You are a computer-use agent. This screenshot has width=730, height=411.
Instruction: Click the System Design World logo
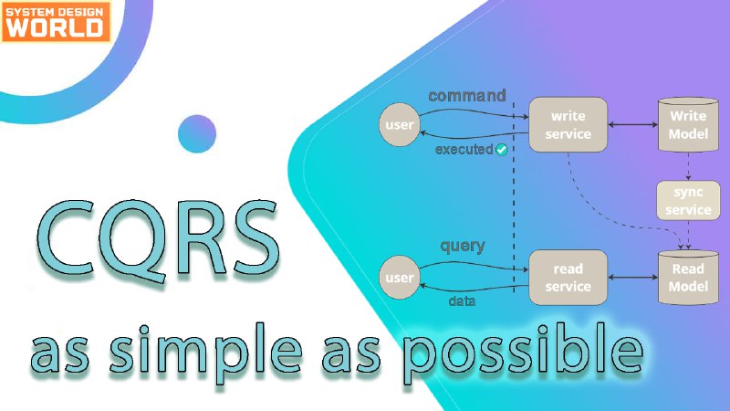pyautogui.click(x=56, y=21)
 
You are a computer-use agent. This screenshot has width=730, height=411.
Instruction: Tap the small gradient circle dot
pyautogui.click(x=197, y=133)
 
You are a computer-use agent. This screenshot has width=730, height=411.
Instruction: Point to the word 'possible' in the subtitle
pyautogui.click(x=524, y=352)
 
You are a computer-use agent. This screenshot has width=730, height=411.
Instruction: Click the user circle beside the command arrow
pyautogui.click(x=400, y=124)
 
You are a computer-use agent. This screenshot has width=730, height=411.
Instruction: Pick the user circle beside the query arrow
pyautogui.click(x=400, y=278)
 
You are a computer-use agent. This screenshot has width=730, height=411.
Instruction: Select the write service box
pyautogui.click(x=568, y=124)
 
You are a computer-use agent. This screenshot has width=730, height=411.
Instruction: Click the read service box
pyautogui.click(x=568, y=278)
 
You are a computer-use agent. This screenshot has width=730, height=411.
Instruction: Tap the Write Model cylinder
pyautogui.click(x=688, y=124)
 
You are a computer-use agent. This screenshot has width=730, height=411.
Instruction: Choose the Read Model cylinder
pyautogui.click(x=688, y=278)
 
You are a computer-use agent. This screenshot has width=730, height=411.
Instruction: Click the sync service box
pyautogui.click(x=688, y=201)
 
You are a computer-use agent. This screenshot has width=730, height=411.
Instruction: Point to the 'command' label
pyautogui.click(x=467, y=96)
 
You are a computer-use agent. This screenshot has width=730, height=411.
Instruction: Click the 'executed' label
pyautogui.click(x=464, y=150)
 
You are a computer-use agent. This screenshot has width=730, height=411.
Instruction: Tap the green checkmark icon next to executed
pyautogui.click(x=501, y=150)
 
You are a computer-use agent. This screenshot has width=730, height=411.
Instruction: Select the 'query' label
pyautogui.click(x=463, y=246)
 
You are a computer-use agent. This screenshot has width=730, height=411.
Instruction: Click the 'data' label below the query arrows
pyautogui.click(x=462, y=301)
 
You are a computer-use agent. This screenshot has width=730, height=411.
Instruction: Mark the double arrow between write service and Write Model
pyautogui.click(x=632, y=124)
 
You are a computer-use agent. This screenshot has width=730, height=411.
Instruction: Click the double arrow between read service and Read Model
pyautogui.click(x=632, y=278)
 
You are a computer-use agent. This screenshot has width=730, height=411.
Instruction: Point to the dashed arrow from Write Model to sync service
pyautogui.click(x=688, y=166)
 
